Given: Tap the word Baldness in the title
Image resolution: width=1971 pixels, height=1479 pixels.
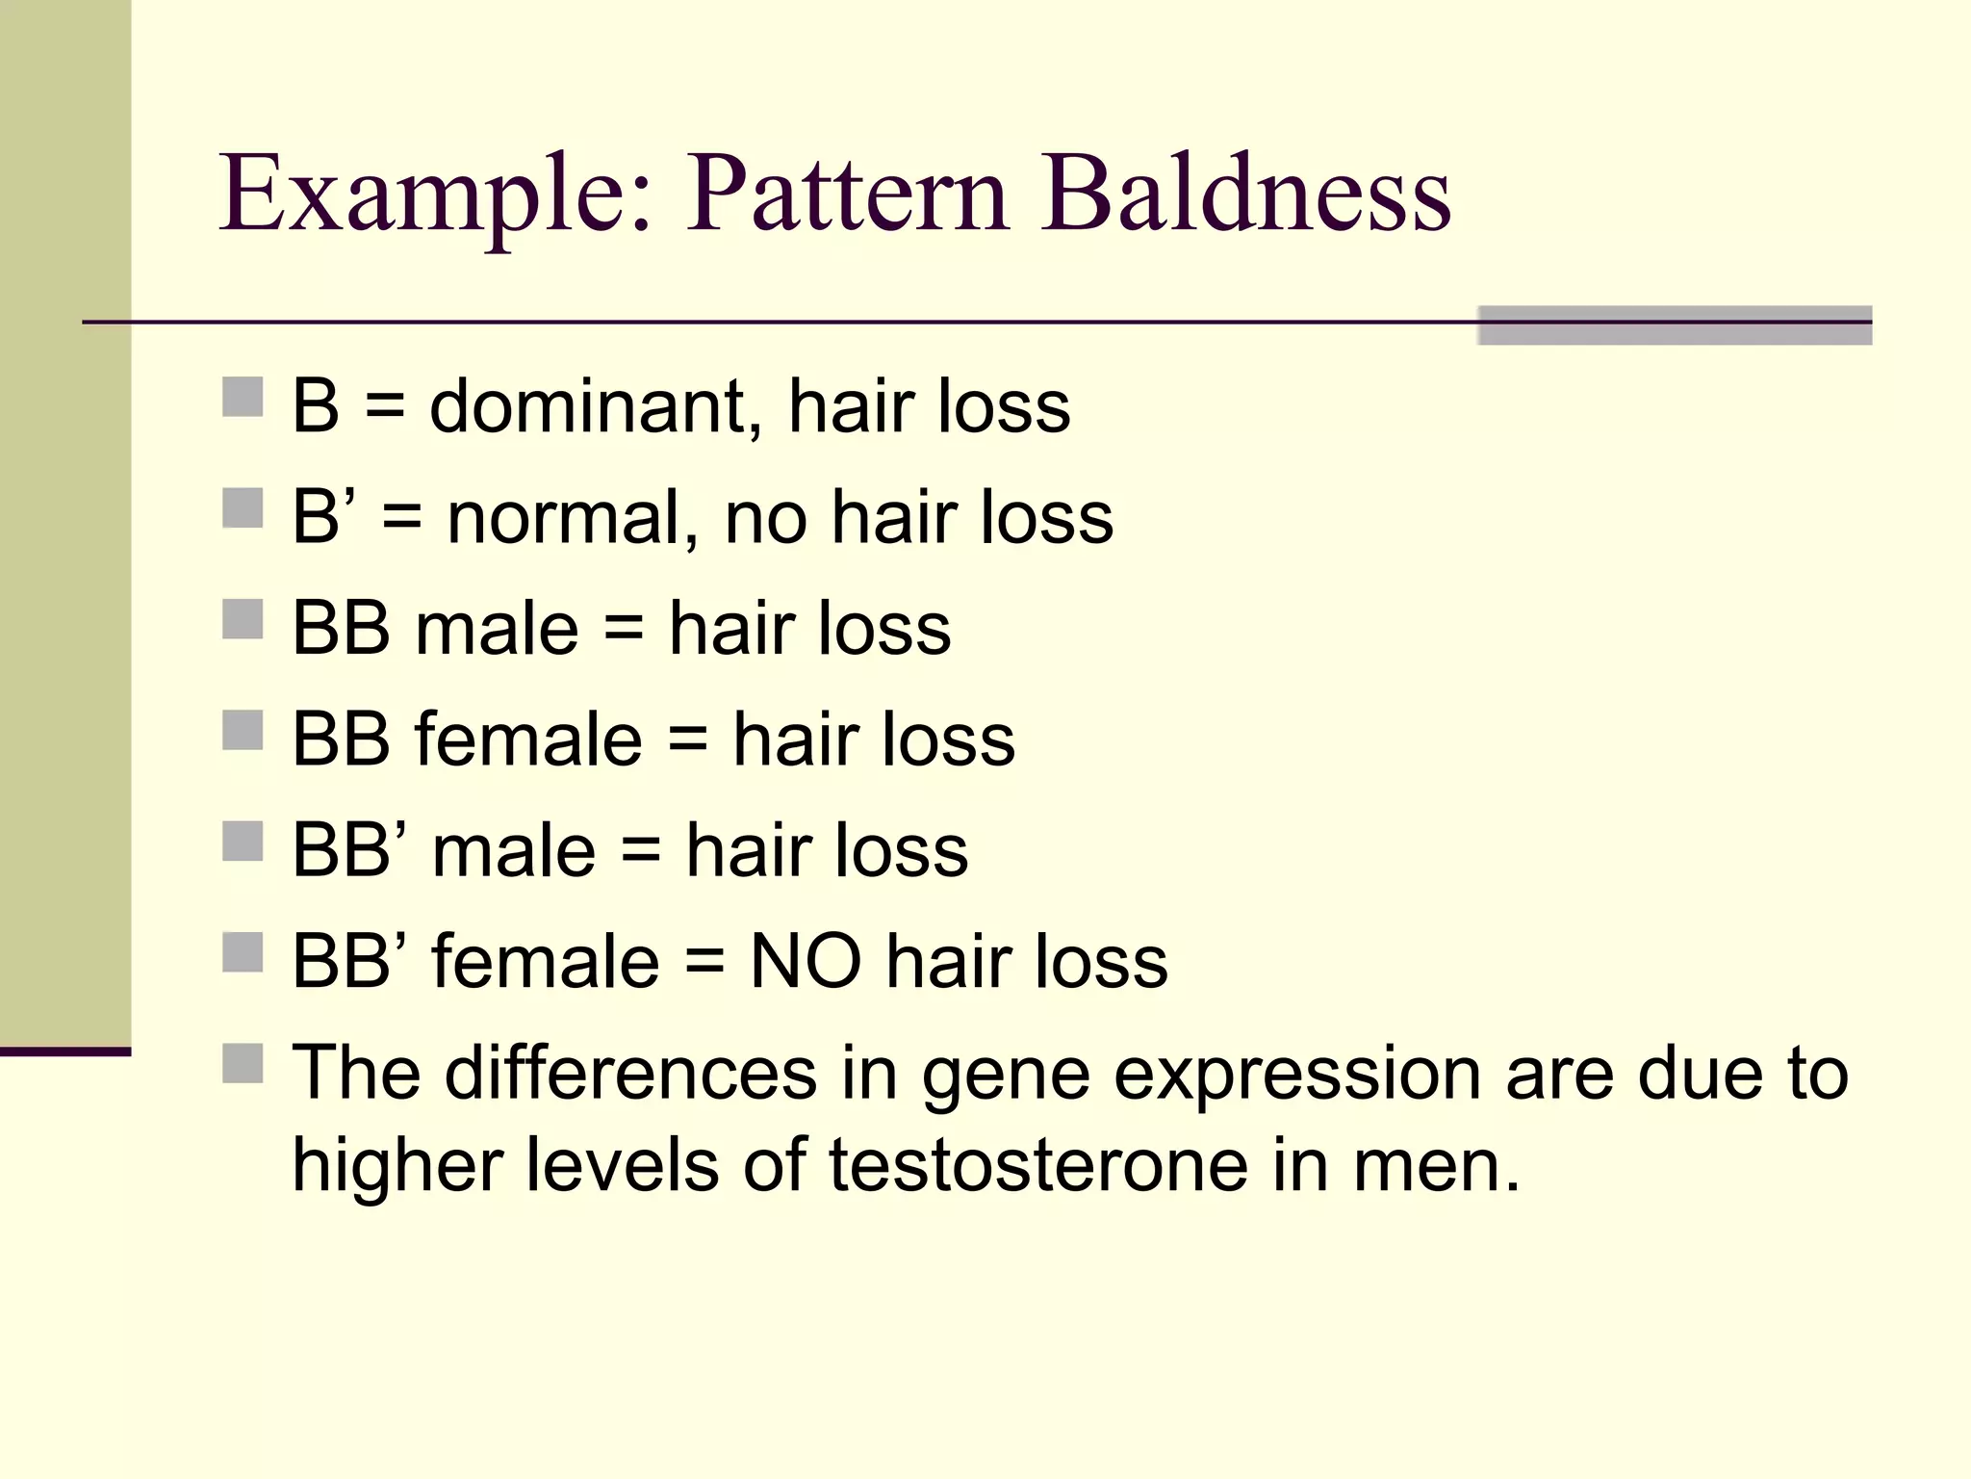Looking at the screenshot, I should [1245, 195].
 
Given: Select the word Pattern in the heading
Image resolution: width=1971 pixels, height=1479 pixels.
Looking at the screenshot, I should [847, 195].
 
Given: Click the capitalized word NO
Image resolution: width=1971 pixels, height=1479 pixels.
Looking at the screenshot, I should [806, 962].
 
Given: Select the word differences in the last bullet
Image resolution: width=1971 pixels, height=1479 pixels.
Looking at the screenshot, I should [630, 1074].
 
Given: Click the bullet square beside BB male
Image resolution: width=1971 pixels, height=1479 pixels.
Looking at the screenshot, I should [243, 619].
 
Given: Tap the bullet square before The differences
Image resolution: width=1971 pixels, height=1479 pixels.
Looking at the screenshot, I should [243, 1064].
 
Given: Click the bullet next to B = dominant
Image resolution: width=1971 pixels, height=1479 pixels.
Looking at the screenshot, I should [243, 397].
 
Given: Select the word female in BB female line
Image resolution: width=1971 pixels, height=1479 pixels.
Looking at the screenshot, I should [528, 739].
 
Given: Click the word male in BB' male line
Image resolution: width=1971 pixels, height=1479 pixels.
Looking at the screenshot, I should [514, 851].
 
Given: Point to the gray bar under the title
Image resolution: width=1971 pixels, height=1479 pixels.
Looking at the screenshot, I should [1674, 325].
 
